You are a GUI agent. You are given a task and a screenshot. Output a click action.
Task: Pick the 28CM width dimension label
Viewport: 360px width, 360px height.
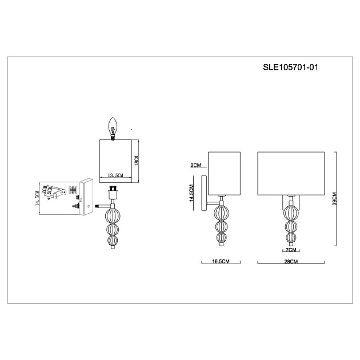point(291,261)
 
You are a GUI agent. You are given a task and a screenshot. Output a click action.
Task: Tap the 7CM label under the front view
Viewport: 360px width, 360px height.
point(290,250)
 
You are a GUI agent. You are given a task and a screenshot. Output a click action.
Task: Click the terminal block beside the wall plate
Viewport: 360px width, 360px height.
point(73,190)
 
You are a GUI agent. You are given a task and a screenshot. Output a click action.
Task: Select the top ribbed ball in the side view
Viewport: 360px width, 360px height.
point(221,214)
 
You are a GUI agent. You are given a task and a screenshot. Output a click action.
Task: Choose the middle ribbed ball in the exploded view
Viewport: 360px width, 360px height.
point(113,229)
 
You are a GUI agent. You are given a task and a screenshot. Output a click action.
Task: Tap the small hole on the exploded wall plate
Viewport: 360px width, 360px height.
point(81,199)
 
